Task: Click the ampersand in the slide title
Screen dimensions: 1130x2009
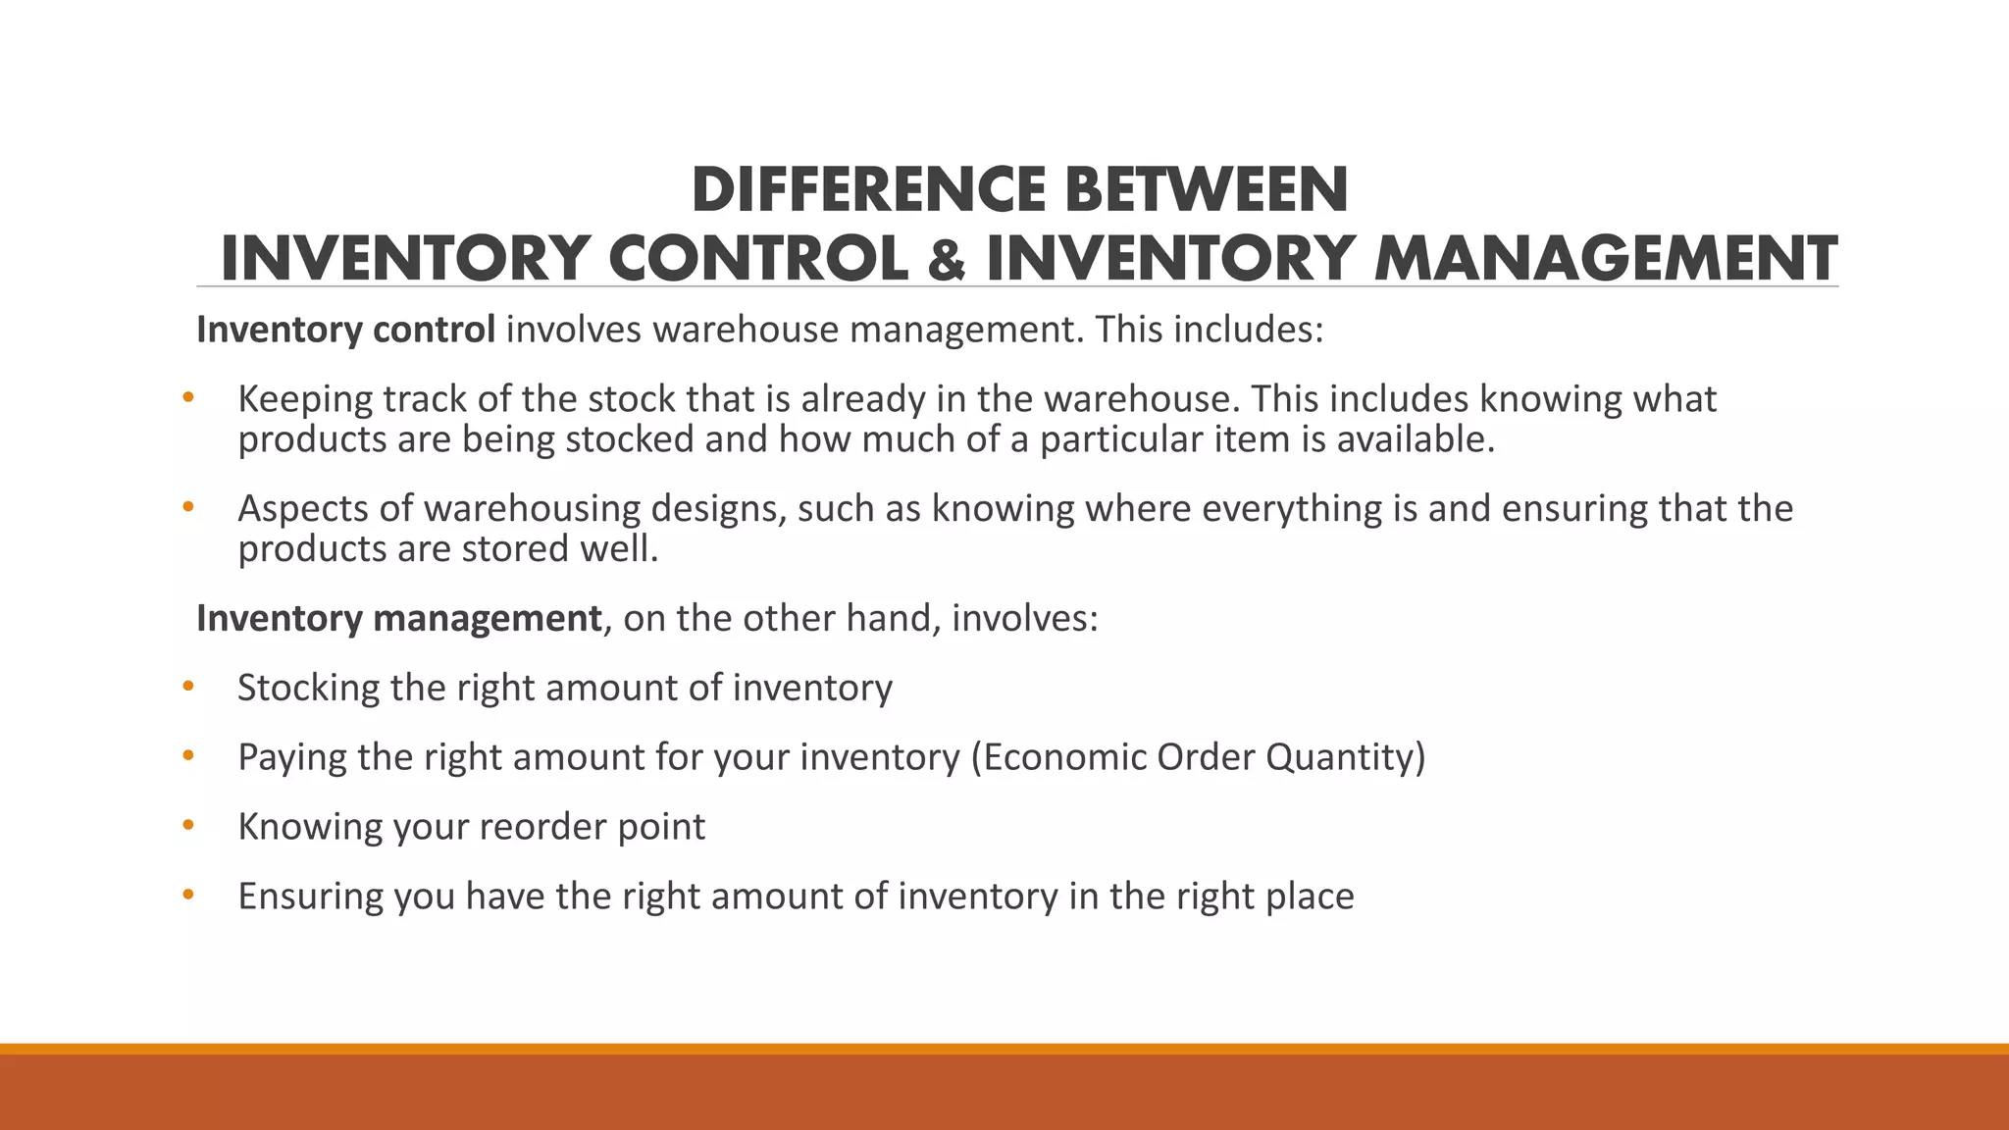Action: pyautogui.click(x=946, y=260)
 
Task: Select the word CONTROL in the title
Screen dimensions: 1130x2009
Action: pyautogui.click(x=758, y=260)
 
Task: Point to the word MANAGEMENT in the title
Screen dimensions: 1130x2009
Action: pyautogui.click(x=1605, y=260)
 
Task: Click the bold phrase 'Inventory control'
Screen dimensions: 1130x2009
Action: pyautogui.click(x=345, y=330)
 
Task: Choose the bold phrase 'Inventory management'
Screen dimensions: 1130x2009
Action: pyautogui.click(x=398, y=618)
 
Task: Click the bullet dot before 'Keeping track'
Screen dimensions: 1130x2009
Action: pyautogui.click(x=188, y=398)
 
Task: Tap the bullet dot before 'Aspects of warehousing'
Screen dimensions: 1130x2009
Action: pyautogui.click(x=188, y=508)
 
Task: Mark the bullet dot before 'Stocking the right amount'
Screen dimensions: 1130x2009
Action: pyautogui.click(x=188, y=687)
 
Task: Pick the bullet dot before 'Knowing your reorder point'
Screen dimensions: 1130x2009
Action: pyautogui.click(x=188, y=826)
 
